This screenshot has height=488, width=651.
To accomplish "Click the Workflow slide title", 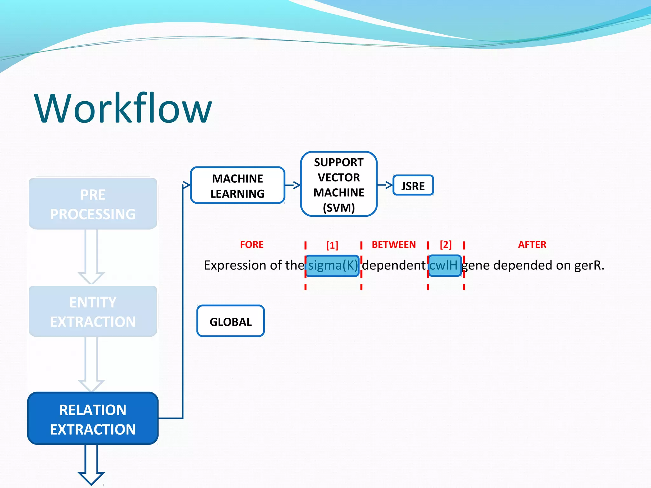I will click(x=123, y=108).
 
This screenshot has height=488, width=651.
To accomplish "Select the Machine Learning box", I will click(x=237, y=186).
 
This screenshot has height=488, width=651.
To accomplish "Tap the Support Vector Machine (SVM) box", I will click(x=339, y=184).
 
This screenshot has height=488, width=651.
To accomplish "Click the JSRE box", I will click(x=413, y=186).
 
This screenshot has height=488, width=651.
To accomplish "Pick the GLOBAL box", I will click(x=230, y=321).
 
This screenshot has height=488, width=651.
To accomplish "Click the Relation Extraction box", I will click(x=93, y=418).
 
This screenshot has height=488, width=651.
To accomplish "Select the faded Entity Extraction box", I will click(x=93, y=311).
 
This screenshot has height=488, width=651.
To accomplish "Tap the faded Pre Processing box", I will click(x=93, y=204).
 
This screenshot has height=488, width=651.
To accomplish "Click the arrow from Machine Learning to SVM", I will click(x=293, y=185).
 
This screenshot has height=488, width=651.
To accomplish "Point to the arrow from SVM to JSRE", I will click(x=385, y=185).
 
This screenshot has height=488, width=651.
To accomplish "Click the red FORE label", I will click(x=252, y=245).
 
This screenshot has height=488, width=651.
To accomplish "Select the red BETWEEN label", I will click(x=394, y=245).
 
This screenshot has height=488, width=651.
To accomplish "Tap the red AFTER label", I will click(x=532, y=245).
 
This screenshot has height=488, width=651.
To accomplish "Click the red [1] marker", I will click(x=332, y=245).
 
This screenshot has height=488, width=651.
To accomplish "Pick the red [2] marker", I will click(x=446, y=245).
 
